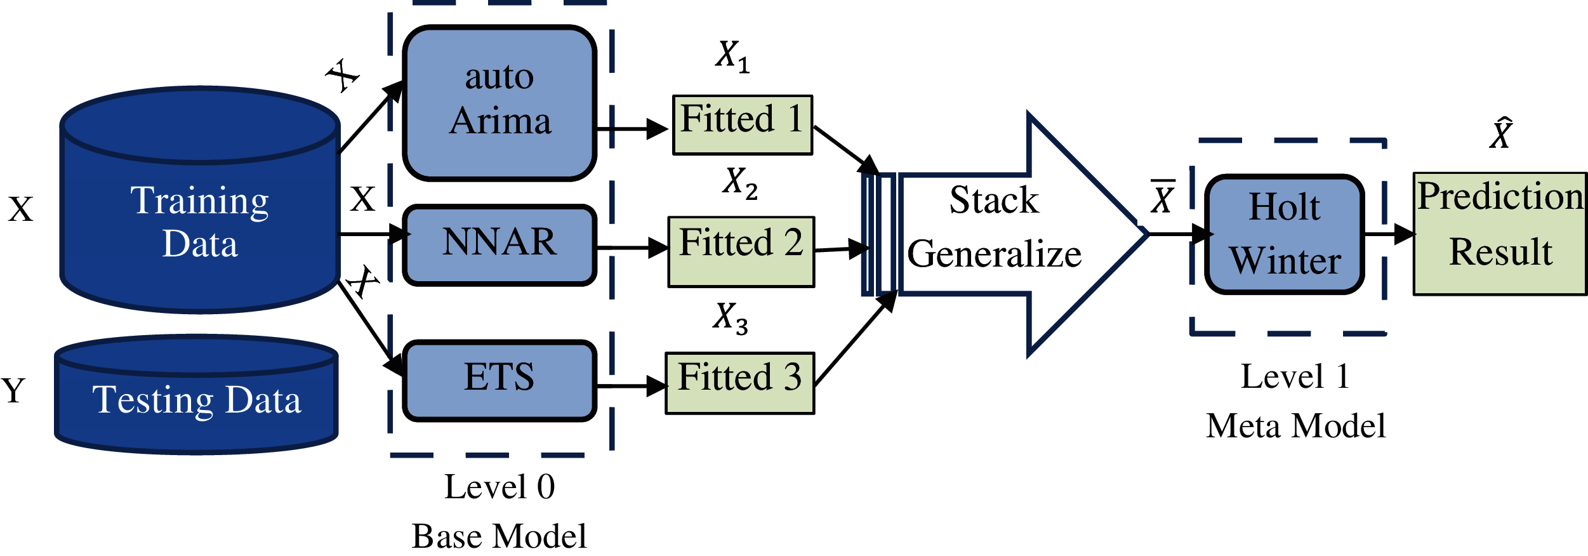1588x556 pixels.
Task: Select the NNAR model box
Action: pyautogui.click(x=500, y=244)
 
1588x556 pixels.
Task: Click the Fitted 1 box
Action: pyautogui.click(x=742, y=124)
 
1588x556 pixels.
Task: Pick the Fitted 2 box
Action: pyautogui.click(x=741, y=251)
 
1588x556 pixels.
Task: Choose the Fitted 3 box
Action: pyautogui.click(x=739, y=383)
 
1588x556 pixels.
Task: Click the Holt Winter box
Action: pyautogui.click(x=1285, y=234)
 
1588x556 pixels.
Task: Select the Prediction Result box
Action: pyautogui.click(x=1500, y=233)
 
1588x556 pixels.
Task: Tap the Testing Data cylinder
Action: pyautogui.click(x=196, y=399)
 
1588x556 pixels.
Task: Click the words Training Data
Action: pyautogui.click(x=200, y=222)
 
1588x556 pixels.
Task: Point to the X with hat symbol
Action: pyautogui.click(x=1502, y=134)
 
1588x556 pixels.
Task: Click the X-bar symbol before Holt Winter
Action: pyautogui.click(x=1163, y=197)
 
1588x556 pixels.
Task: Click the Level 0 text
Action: pyautogui.click(x=499, y=487)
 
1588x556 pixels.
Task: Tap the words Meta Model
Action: pyautogui.click(x=1295, y=425)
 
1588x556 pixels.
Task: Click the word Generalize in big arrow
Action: pyautogui.click(x=994, y=254)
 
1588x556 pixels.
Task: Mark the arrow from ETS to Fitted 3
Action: pyautogui.click(x=632, y=385)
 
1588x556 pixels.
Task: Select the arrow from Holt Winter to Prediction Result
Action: pyautogui.click(x=1389, y=234)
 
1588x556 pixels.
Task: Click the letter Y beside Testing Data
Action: pyautogui.click(x=13, y=390)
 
